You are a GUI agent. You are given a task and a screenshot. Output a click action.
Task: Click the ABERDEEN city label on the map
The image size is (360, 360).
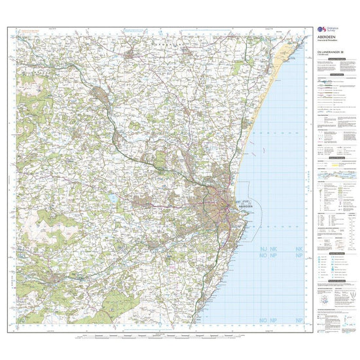(246, 206)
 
